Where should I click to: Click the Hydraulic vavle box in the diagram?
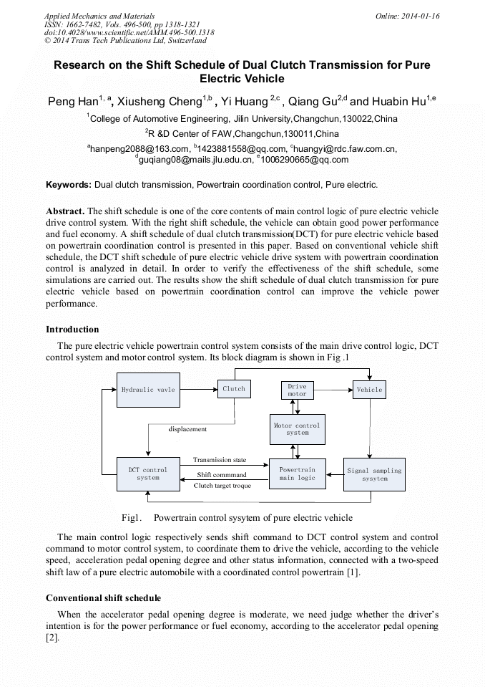coord(148,390)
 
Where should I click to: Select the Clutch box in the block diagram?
coord(234,389)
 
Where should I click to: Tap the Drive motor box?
coord(297,390)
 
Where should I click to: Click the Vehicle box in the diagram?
coord(369,390)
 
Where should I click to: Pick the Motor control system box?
coord(297,428)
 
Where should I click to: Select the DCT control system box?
coord(148,474)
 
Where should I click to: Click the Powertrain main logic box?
coord(297,474)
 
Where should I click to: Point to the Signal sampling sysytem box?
coord(374,474)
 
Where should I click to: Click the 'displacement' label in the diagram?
coord(187,429)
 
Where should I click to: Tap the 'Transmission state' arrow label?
coord(220,460)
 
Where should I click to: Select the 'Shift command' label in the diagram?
coord(222,475)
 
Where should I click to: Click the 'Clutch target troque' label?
coord(222,486)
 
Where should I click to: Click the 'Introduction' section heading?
coord(72,330)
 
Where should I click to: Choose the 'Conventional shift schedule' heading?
coord(103,597)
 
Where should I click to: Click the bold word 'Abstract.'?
coord(65,211)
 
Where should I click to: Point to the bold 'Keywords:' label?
coord(69,185)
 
